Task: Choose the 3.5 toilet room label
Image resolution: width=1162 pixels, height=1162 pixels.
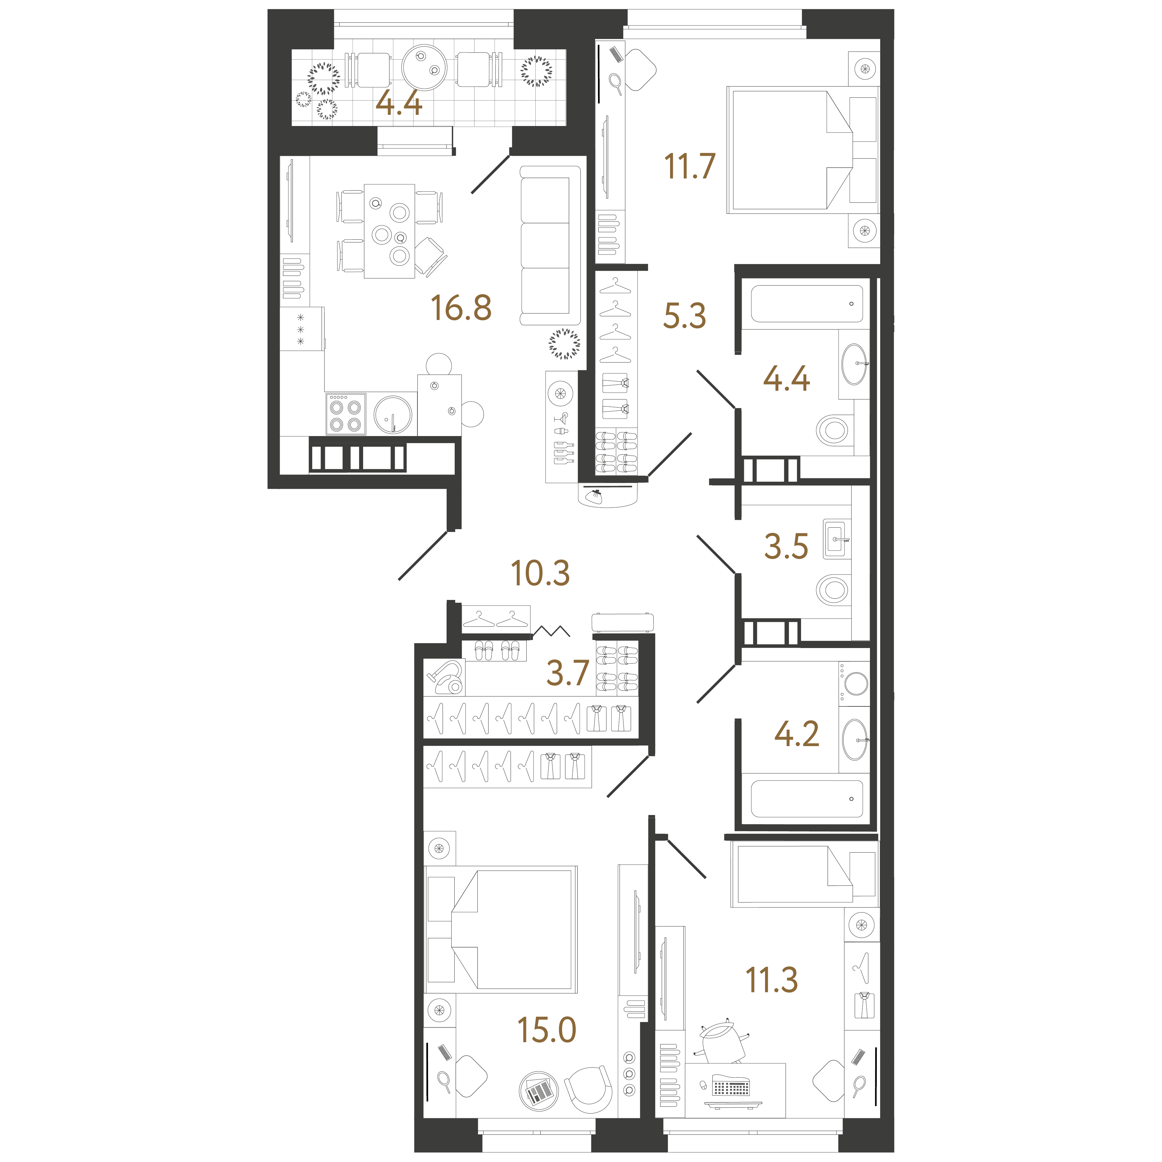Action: point(786,546)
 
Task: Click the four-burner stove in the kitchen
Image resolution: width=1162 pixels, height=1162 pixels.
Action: point(346,414)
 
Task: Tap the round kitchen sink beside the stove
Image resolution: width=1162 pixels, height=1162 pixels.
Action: point(393,414)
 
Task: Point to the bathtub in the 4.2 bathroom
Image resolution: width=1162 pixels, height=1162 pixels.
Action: point(807,799)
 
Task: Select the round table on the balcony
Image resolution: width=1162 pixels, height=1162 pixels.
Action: point(425,67)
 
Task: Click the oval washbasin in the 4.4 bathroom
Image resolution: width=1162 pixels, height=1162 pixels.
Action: point(855,364)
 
